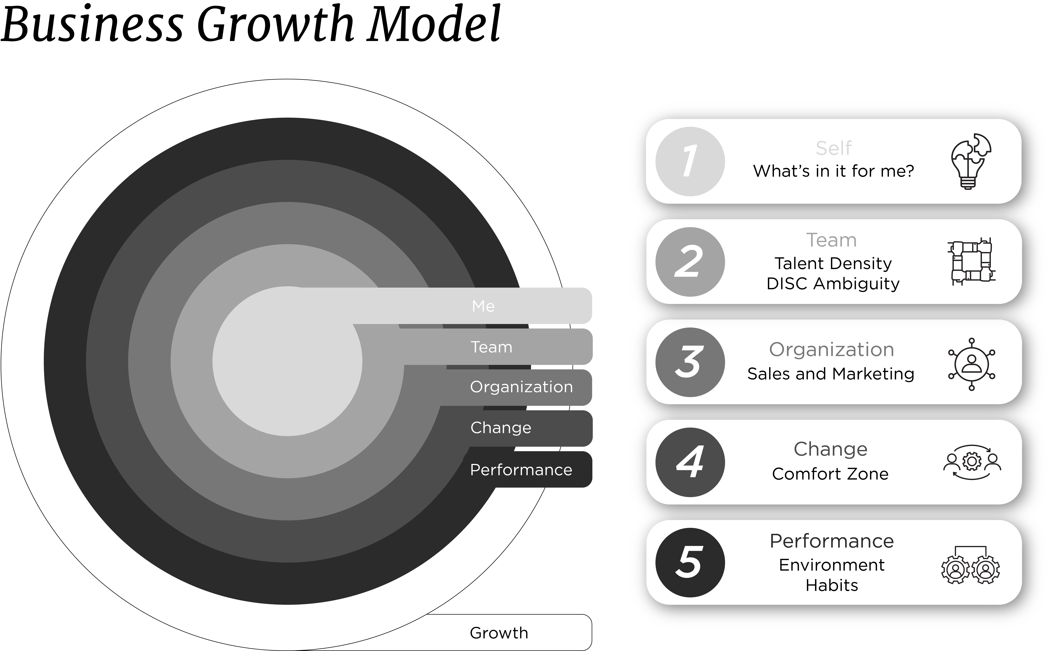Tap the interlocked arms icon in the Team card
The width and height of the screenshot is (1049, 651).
(971, 261)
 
